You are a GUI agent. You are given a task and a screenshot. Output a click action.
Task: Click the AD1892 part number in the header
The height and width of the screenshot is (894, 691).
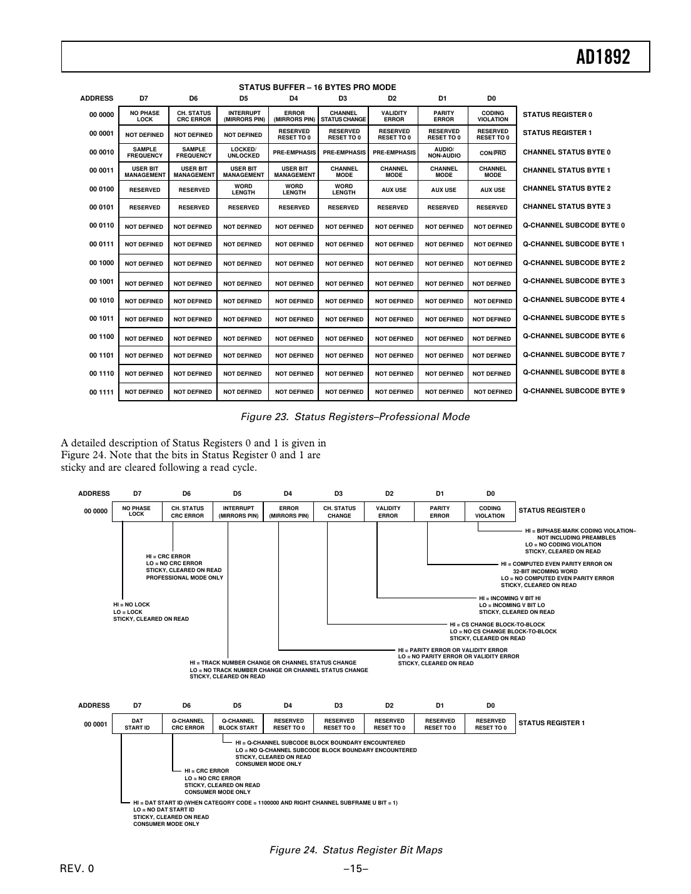point(603,58)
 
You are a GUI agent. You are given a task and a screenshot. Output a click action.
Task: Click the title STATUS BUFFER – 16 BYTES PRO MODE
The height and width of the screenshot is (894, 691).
point(317,88)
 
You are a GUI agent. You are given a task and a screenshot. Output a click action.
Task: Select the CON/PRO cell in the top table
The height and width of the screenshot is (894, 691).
point(493,153)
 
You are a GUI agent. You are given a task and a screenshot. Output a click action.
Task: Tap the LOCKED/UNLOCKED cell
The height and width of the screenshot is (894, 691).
point(243,153)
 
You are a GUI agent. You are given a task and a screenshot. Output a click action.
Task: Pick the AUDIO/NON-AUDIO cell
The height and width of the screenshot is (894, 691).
point(443,153)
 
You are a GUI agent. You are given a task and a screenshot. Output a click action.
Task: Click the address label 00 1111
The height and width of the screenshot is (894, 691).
point(101,392)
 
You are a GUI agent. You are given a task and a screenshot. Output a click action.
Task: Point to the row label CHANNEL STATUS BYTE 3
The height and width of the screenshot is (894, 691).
point(567,206)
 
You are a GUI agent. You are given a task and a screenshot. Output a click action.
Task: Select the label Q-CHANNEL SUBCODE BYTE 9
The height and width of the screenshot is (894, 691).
point(573,391)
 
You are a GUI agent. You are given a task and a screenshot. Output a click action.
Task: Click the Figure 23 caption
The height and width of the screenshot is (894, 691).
point(355,417)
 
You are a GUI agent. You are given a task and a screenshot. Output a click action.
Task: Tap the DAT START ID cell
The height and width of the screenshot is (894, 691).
point(137,724)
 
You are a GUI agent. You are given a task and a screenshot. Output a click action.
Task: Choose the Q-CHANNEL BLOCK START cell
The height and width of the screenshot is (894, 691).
point(238,724)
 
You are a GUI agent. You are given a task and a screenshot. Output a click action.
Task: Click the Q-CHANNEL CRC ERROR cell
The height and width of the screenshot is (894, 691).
point(188,724)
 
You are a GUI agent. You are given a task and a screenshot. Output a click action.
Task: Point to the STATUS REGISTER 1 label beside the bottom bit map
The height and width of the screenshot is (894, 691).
point(552,723)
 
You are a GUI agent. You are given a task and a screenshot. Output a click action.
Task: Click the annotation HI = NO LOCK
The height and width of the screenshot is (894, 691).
point(131,605)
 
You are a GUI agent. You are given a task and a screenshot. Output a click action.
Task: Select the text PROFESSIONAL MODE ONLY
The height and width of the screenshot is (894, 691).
point(184,578)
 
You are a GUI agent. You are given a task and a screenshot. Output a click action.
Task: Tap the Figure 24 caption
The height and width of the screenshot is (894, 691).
point(355,850)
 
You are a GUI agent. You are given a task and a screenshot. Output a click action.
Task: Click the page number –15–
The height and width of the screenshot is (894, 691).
point(355,869)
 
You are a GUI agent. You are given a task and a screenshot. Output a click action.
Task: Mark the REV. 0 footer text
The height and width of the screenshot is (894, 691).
point(77,869)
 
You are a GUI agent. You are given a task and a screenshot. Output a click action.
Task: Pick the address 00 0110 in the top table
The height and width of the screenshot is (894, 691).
point(101,226)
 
